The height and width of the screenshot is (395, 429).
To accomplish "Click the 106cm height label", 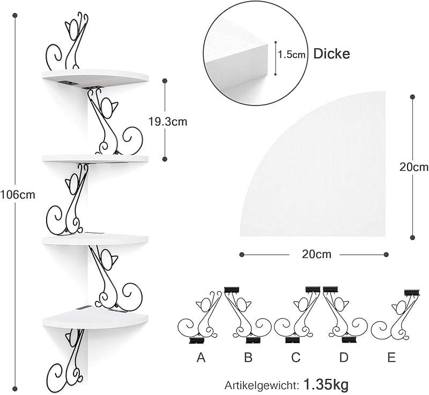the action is point(18,195).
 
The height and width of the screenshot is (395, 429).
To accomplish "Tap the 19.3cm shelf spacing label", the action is point(168,121).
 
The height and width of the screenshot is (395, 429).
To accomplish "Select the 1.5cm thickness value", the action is point(292,55).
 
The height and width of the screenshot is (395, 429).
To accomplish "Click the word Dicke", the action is point(331,54).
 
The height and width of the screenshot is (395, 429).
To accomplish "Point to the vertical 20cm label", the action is point(414,166).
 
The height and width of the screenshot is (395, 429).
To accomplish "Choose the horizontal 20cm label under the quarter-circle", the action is point(316,254).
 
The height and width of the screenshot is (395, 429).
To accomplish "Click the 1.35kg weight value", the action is point(326,385).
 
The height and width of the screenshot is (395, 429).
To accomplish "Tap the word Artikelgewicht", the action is point(261,385).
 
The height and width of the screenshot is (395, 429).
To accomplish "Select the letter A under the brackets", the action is point(201,358).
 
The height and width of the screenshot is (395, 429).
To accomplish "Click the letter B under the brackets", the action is point(248,358).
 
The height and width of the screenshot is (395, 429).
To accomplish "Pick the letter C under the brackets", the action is point(296,358).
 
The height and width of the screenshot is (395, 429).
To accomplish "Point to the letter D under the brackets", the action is point(344,358).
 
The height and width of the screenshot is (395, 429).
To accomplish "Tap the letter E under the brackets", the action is point(391,358).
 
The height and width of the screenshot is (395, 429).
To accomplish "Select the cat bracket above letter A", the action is point(199,317).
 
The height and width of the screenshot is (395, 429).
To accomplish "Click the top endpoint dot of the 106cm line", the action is point(16,16).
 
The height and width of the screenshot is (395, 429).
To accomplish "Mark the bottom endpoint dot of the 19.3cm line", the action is point(165,159).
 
